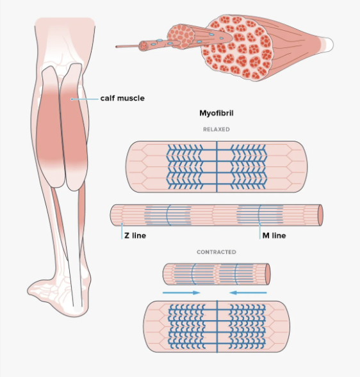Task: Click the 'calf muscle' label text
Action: click(122, 99)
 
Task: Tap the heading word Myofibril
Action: click(217, 113)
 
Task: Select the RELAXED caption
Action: click(217, 129)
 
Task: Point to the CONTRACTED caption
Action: click(217, 252)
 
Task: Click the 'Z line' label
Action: click(135, 236)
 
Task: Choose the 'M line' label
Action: click(274, 236)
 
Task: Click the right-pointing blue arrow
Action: click(181, 293)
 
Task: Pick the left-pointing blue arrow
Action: click(248, 293)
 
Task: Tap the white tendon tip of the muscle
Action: click(329, 44)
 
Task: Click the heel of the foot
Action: click(79, 309)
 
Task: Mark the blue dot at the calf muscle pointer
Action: click(72, 99)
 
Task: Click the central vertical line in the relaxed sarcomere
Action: click(217, 166)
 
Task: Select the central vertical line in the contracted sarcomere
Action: click(217, 326)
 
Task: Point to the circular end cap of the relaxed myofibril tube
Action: click(320, 215)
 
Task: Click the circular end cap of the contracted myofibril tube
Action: click(267, 274)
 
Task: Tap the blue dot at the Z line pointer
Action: click(122, 224)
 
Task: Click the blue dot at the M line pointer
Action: click(260, 224)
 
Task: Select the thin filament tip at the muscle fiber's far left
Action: click(117, 47)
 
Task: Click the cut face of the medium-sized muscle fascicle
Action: click(181, 36)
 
